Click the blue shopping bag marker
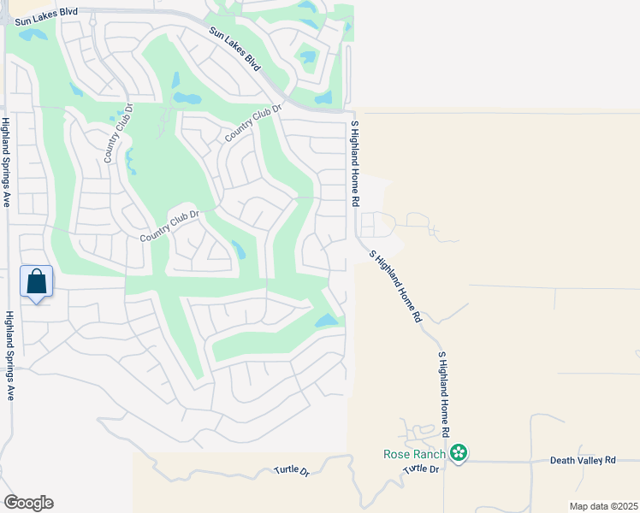36,281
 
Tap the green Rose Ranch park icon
459,453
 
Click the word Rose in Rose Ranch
396,453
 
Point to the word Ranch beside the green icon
430,453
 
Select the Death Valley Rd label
583,460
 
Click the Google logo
28,503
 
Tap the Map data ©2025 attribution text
603,506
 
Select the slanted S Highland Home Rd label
395,286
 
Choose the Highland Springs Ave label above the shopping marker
6,163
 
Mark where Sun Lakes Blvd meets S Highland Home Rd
352,110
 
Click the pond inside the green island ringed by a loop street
307,58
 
